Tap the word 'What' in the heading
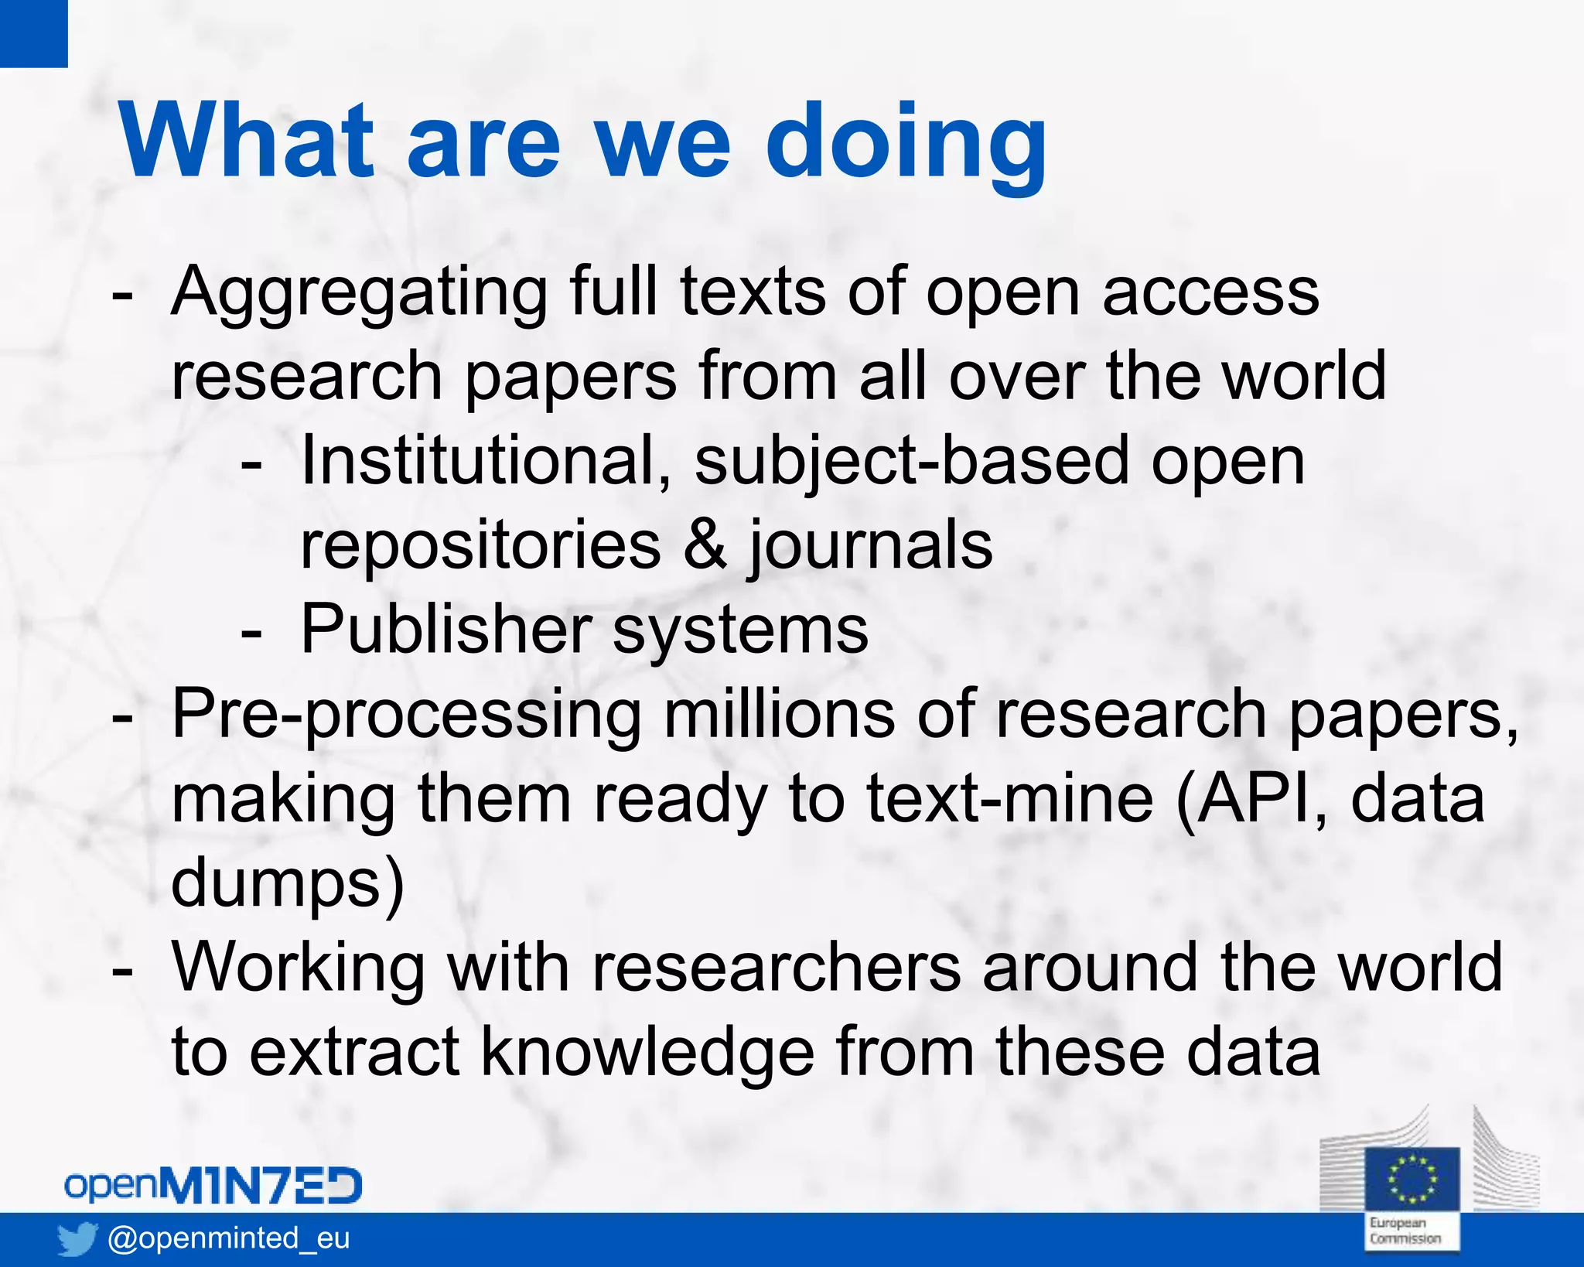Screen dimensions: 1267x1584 click(245, 141)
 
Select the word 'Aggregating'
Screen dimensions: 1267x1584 click(359, 294)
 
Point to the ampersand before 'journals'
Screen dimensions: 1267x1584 click(705, 545)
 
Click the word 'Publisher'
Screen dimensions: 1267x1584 click(445, 630)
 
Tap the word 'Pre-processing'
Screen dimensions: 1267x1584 click(406, 715)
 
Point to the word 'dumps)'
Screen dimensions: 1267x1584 click(287, 884)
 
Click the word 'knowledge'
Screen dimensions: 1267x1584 click(647, 1053)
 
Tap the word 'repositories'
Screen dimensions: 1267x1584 click(480, 545)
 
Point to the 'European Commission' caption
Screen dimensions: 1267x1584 click(1405, 1231)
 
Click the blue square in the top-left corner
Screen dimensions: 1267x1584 click(33, 33)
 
